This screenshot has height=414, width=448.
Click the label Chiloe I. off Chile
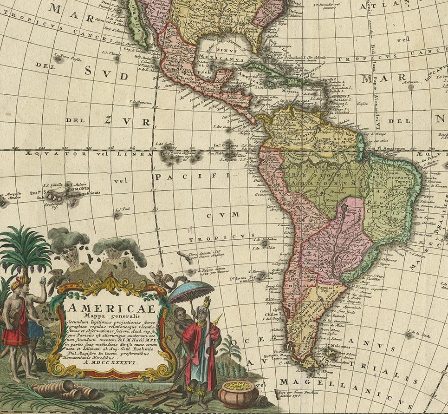(272, 313)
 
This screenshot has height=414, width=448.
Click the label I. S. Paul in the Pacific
(122, 209)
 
